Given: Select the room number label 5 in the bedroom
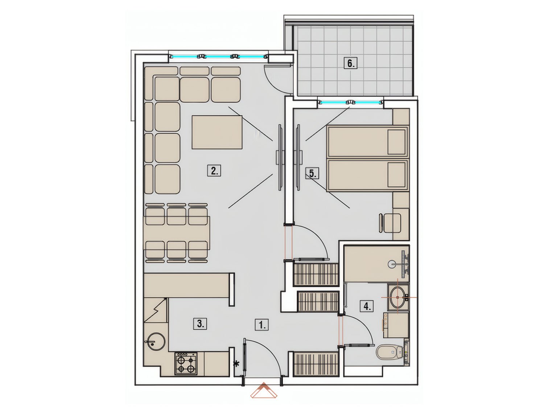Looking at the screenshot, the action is click(x=312, y=174).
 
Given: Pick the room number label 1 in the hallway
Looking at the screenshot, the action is click(x=262, y=325).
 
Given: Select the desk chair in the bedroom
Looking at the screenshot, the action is click(x=390, y=223).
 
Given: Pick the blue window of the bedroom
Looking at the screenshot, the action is click(x=350, y=102).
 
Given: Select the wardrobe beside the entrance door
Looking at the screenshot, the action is click(x=316, y=368).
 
